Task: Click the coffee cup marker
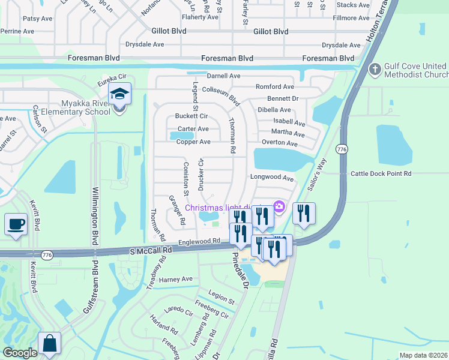click(16, 224)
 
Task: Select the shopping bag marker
click(49, 344)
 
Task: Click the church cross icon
click(376, 70)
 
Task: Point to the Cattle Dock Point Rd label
click(381, 173)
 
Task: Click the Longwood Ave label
click(272, 178)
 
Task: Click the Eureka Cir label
click(114, 77)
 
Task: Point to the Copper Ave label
click(193, 142)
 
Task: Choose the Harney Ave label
click(175, 279)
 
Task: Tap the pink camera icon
click(279, 207)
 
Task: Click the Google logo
click(20, 353)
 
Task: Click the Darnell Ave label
click(223, 76)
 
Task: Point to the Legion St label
click(221, 297)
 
